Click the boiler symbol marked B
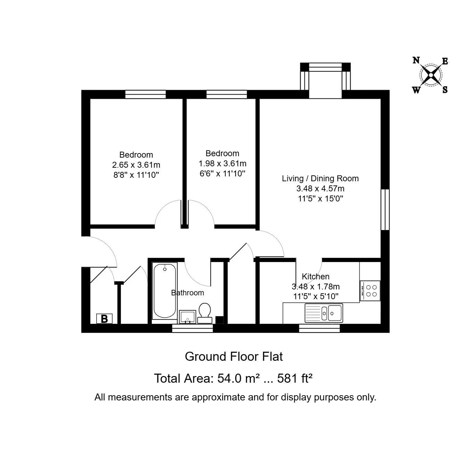[x=104, y=318]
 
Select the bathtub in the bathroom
[x=165, y=291]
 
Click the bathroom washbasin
[x=188, y=317]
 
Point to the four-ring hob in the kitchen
[x=370, y=291]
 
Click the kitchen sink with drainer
[x=324, y=313]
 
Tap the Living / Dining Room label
[x=320, y=178]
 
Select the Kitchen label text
[x=316, y=277]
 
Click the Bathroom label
[x=188, y=293]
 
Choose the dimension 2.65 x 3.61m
[x=136, y=165]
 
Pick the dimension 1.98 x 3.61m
[x=222, y=164]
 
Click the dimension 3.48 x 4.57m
[x=320, y=189]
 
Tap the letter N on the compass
[x=416, y=60]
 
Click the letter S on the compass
[x=445, y=90]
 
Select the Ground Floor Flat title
[x=234, y=357]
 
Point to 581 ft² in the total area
[x=295, y=379]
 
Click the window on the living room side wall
[x=385, y=209]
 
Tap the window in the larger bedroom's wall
[x=145, y=94]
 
